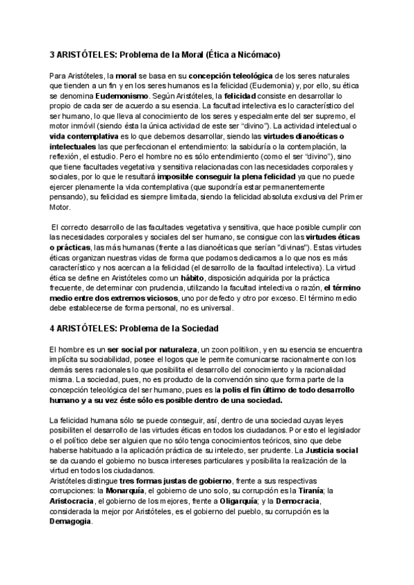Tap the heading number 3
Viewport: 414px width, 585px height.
coord(52,54)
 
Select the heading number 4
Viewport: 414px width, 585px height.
coord(52,327)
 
